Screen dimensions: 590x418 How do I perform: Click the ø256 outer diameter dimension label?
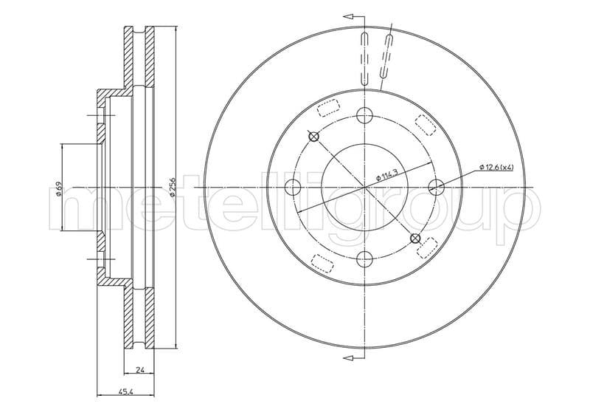point(172,187)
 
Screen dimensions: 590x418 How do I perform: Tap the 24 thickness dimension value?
point(139,370)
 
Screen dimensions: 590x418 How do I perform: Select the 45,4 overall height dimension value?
point(125,392)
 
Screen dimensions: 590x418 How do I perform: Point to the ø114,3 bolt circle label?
point(387,175)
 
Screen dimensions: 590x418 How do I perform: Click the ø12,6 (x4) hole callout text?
point(496,167)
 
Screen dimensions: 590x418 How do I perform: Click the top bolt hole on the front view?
point(364,115)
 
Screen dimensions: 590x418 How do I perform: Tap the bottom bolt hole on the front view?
point(364,259)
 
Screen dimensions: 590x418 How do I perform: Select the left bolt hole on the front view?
point(293,188)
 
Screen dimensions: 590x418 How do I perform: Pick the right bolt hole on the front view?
point(437,187)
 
